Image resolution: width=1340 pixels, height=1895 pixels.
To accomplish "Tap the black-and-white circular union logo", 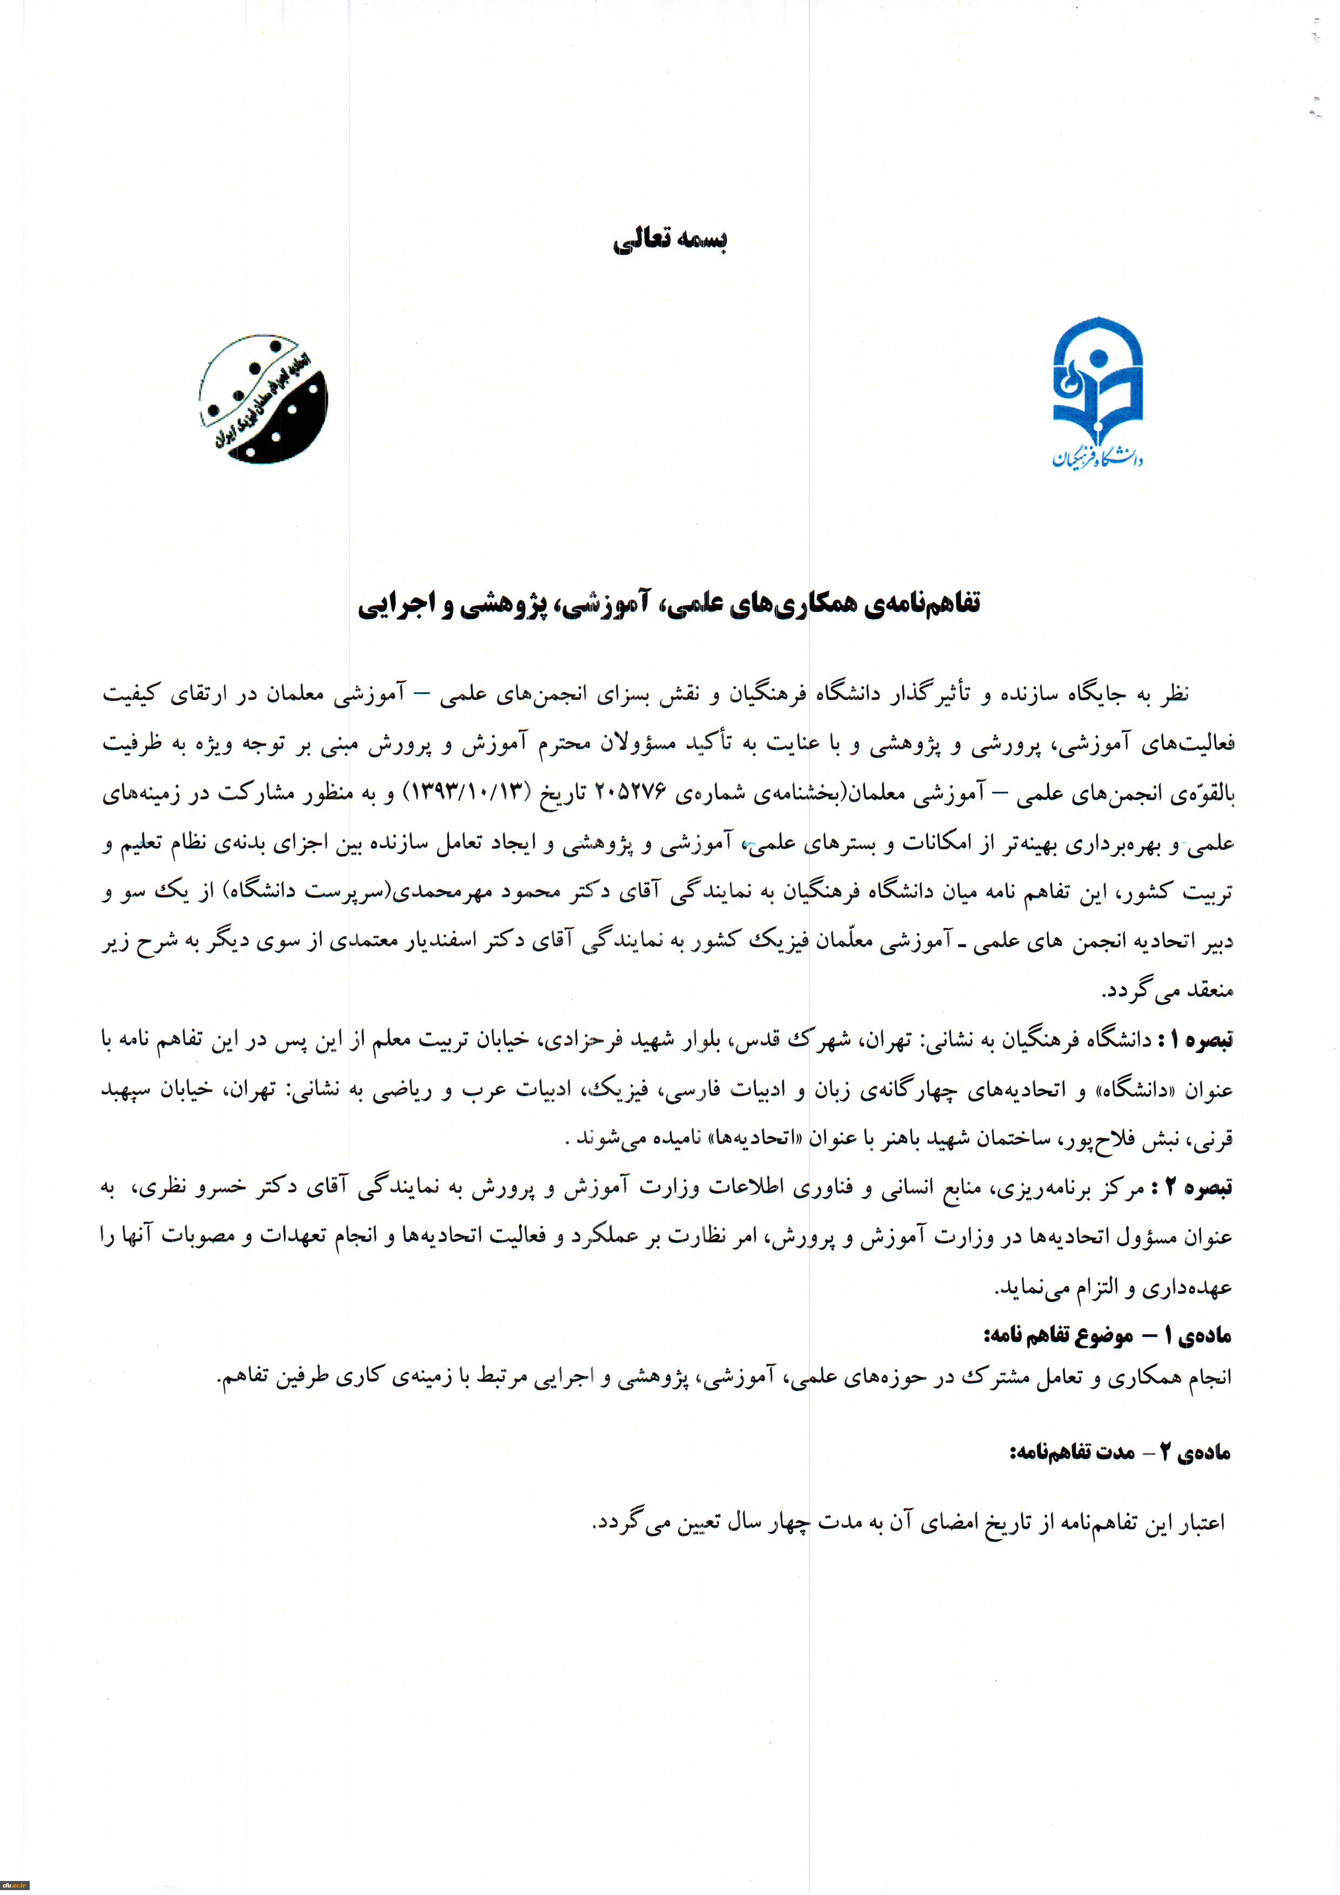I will (263, 399).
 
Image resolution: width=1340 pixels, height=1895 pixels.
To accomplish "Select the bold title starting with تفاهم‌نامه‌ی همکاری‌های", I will (669, 604).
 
